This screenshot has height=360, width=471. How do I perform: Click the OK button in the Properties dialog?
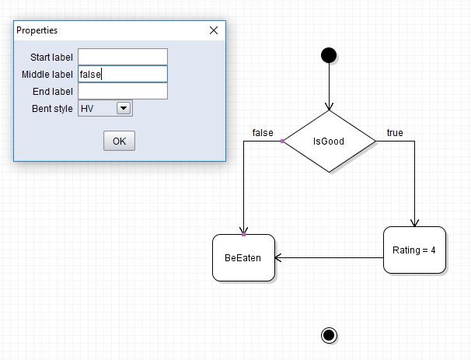click(x=119, y=141)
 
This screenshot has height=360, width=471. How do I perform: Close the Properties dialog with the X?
click(x=214, y=30)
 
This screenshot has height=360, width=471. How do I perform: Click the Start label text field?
click(x=123, y=57)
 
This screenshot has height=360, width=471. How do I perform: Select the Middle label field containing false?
click(x=123, y=74)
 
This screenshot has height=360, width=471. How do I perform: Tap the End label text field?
click(x=123, y=91)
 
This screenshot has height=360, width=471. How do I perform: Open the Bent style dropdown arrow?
click(x=123, y=109)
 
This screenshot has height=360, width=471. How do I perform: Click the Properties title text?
click(x=37, y=30)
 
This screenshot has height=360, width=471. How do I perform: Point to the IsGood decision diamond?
click(x=328, y=142)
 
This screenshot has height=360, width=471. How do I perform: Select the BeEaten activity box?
click(x=243, y=257)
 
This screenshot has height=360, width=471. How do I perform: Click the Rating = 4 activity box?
click(x=414, y=250)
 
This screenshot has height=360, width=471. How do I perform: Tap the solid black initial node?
click(x=329, y=54)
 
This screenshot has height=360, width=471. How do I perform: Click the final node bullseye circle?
click(x=329, y=334)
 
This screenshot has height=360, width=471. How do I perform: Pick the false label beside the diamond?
click(x=263, y=133)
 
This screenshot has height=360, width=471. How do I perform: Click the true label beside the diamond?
click(x=395, y=133)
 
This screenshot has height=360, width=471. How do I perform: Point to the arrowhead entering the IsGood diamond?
click(x=329, y=107)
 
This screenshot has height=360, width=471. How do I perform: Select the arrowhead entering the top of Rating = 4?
click(x=414, y=223)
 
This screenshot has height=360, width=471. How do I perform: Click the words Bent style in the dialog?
click(x=52, y=109)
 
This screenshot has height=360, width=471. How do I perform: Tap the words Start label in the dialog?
click(x=51, y=58)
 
